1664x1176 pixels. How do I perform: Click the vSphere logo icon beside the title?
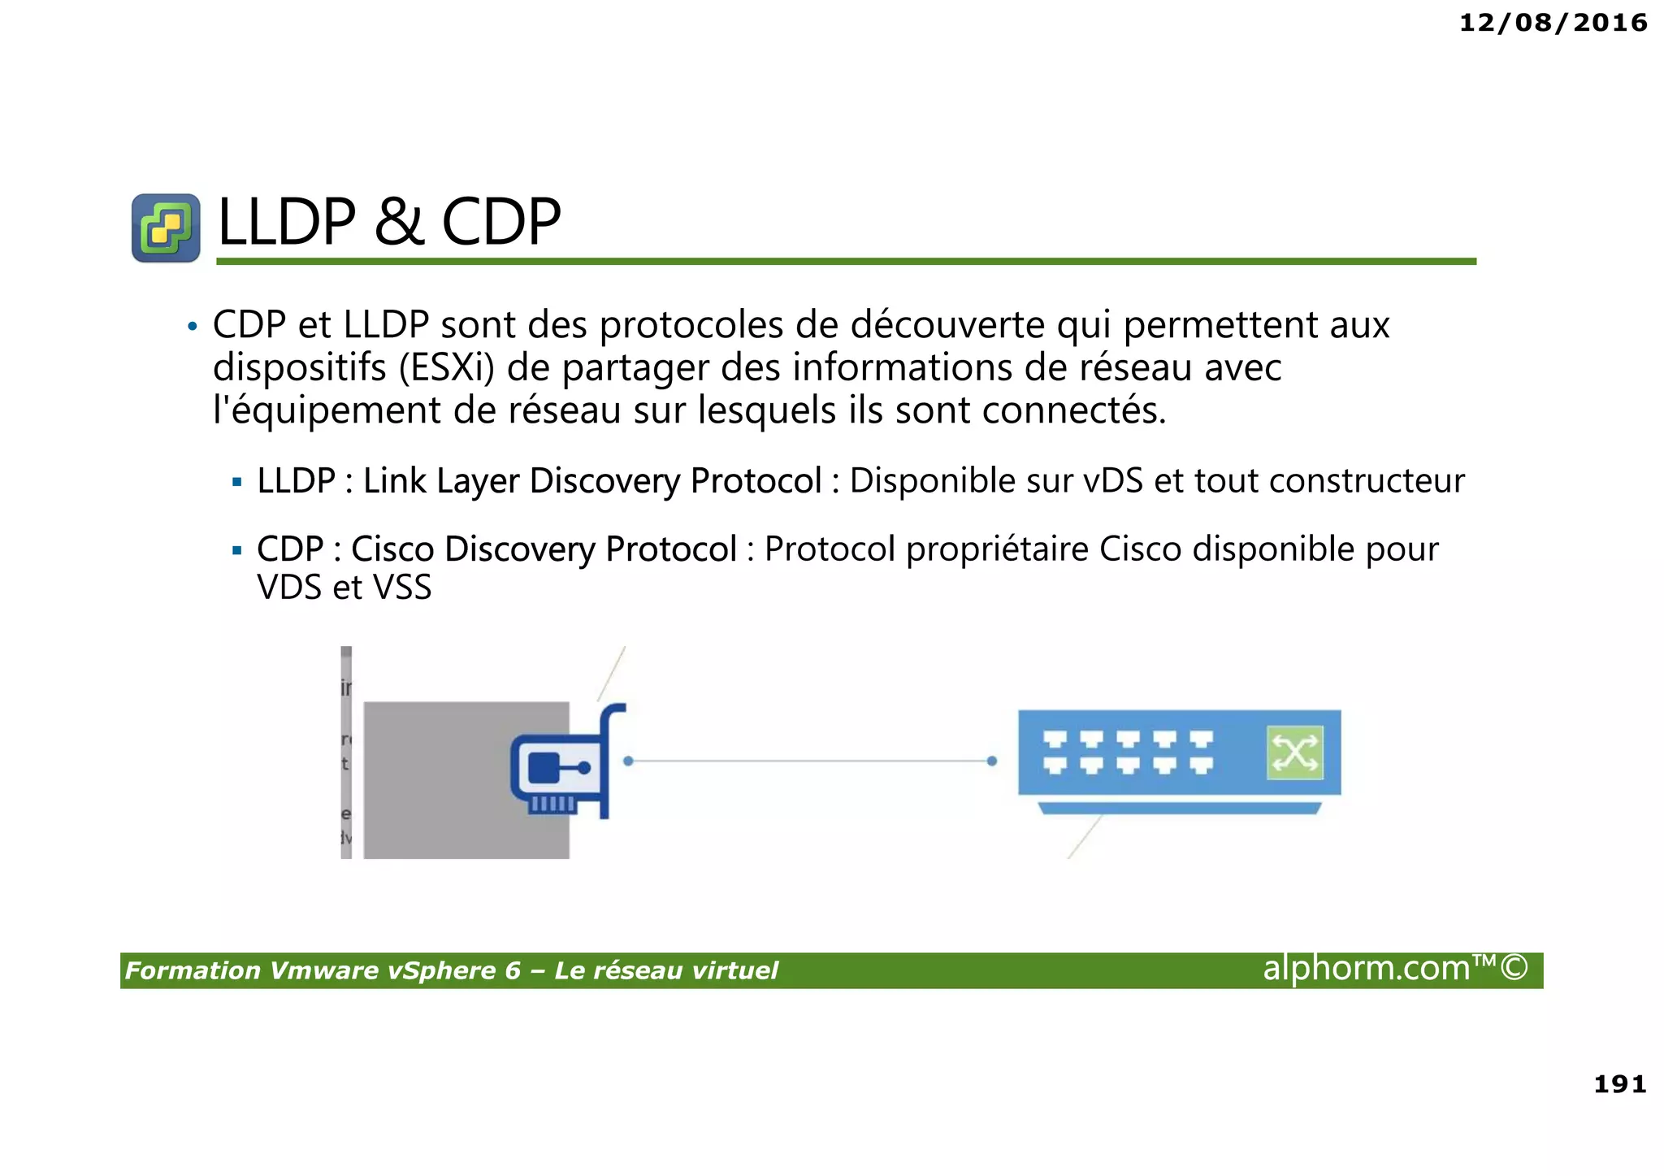[166, 228]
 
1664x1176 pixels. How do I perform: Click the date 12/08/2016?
[1553, 23]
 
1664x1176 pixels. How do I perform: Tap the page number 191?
[1619, 1084]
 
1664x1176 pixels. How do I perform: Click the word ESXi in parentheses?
[447, 368]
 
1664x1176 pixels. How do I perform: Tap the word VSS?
[403, 588]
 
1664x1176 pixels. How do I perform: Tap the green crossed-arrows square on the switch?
[1294, 753]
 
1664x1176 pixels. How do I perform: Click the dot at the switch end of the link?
[991, 762]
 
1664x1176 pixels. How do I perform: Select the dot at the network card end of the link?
[628, 762]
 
